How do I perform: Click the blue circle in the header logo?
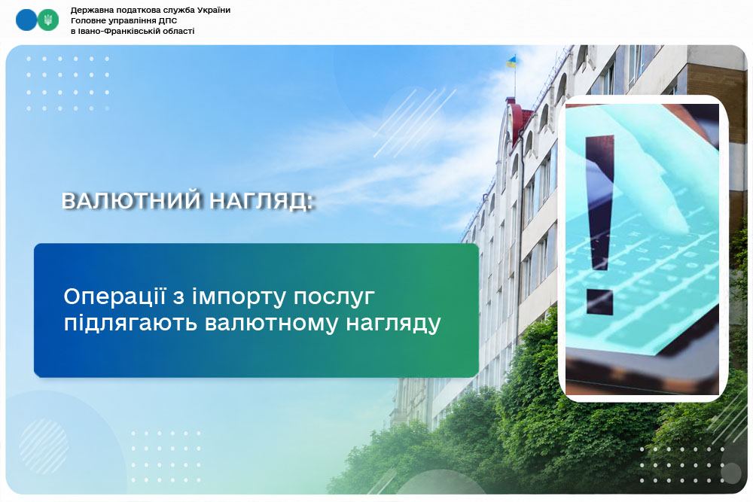point(26,20)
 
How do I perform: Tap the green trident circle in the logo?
point(48,20)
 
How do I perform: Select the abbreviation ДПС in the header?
point(168,20)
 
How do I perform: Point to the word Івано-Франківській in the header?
point(114,31)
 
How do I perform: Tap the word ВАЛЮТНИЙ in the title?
point(131,201)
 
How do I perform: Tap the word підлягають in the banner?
point(130,324)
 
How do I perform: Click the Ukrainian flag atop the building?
point(511,61)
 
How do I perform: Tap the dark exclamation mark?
point(599,224)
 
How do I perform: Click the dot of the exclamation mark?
point(599,301)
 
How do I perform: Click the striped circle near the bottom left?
point(44,446)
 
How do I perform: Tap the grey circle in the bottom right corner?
point(731,473)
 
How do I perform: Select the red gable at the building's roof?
point(520,120)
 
